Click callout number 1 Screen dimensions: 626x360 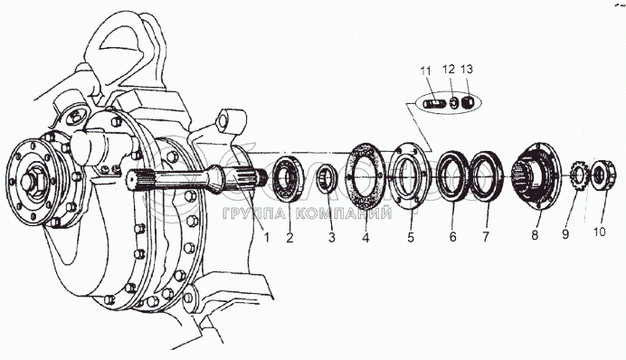click(267, 237)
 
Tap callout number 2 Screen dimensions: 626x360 click(289, 237)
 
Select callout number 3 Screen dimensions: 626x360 click(332, 237)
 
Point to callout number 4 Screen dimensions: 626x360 click(365, 237)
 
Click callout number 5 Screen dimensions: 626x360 click(411, 237)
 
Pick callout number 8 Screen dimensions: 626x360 click(535, 234)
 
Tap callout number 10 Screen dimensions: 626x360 click(599, 232)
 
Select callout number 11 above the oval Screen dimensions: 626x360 click(425, 71)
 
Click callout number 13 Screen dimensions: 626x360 click(467, 69)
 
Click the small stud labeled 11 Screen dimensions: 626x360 click(432, 105)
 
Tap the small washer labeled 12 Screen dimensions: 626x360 click(453, 103)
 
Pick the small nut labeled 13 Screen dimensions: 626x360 click(467, 103)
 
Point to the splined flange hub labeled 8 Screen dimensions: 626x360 click(535, 175)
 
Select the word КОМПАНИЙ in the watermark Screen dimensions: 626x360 click(345, 213)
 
